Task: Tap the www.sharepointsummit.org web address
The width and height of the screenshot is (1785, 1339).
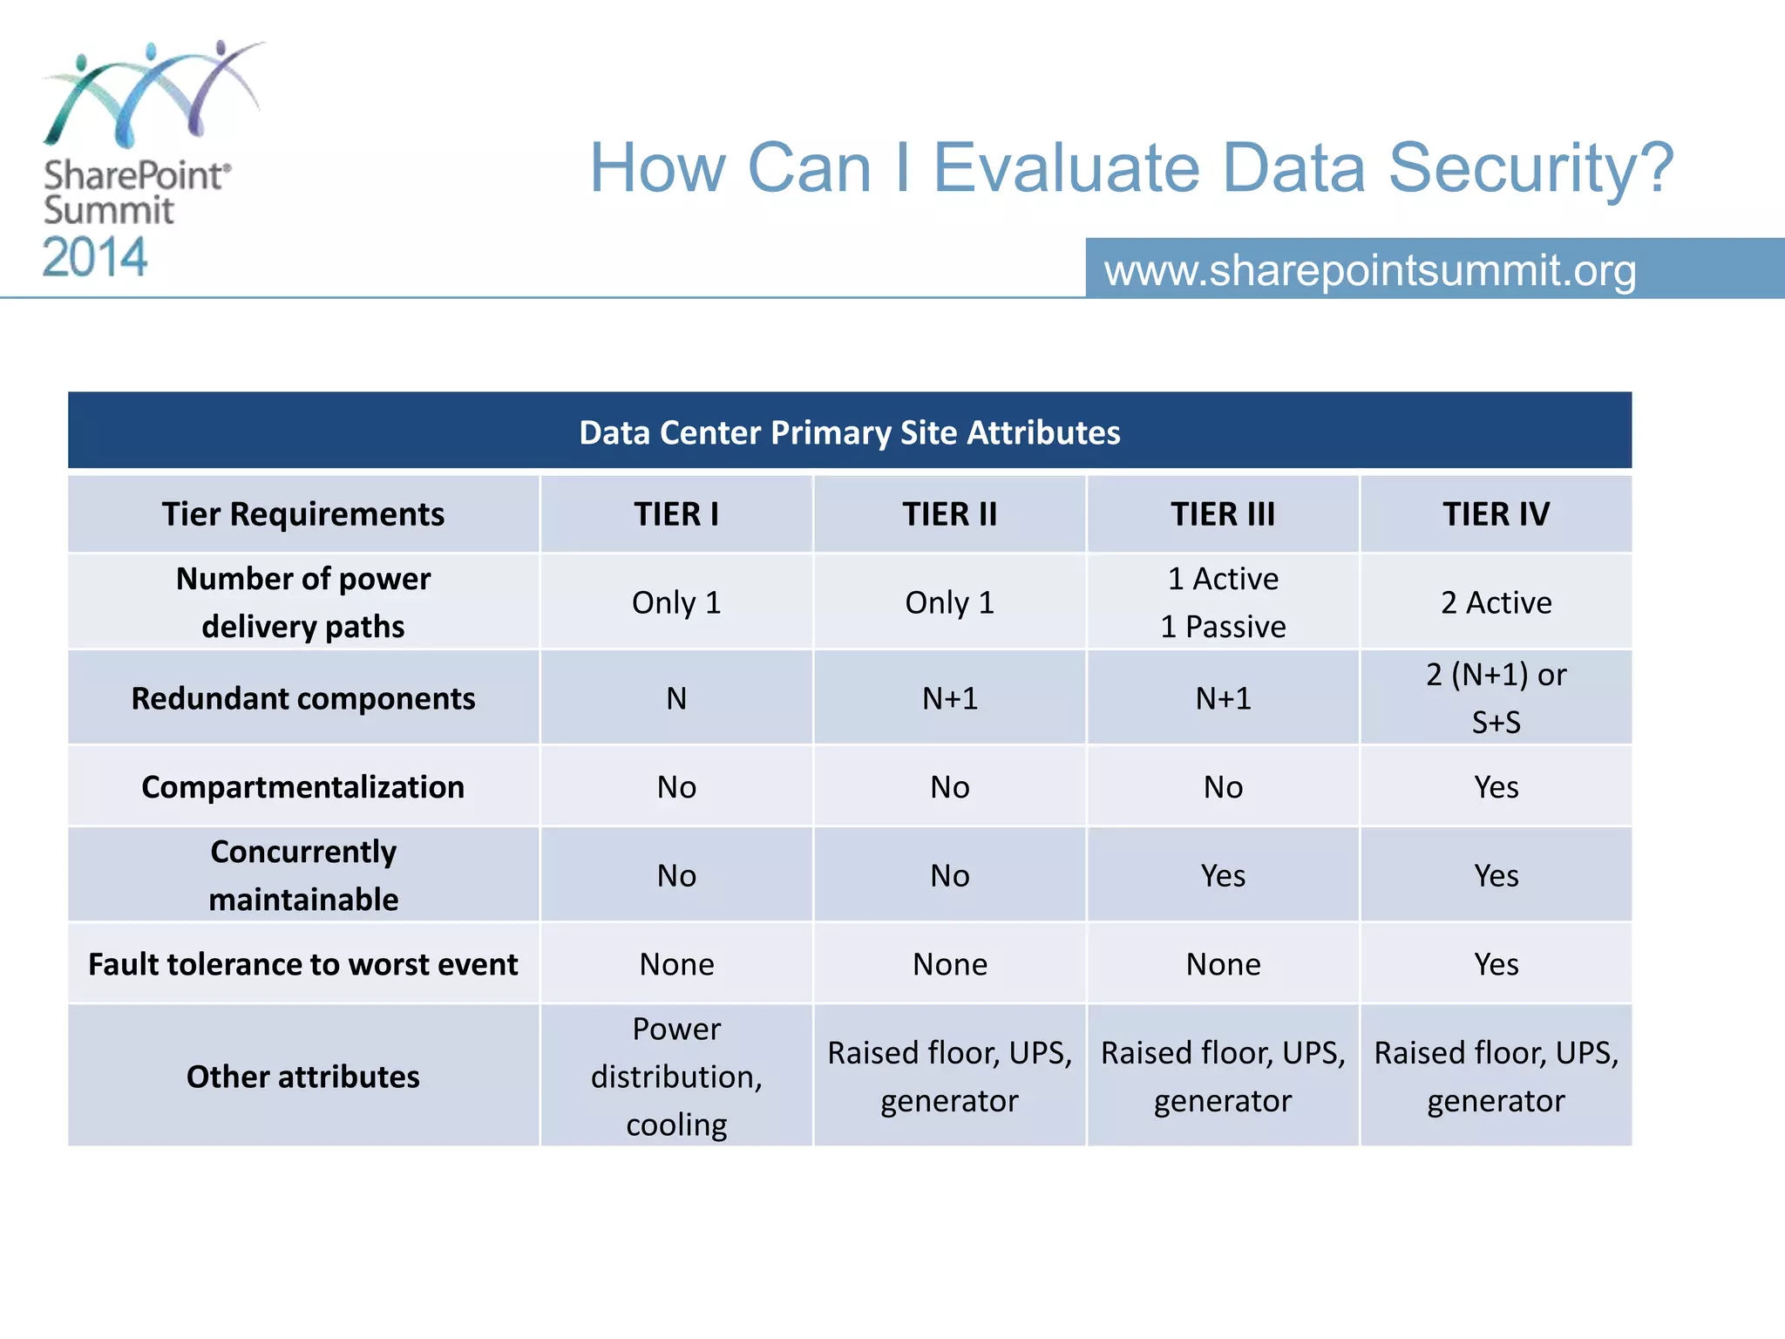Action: (1369, 269)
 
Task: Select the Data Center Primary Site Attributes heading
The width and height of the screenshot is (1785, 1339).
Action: (849, 432)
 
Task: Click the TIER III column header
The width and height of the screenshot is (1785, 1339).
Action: (1222, 514)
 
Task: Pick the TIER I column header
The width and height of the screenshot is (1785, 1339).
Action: (676, 514)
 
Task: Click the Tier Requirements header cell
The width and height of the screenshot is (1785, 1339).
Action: (302, 514)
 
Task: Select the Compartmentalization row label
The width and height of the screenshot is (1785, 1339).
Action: (302, 787)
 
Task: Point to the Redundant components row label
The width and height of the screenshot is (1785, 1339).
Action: (302, 698)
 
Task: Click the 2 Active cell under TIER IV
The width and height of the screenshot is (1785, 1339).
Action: (1496, 602)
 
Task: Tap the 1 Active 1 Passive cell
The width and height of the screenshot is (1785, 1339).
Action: (1222, 602)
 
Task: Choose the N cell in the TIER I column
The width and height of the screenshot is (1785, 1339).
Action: (676, 698)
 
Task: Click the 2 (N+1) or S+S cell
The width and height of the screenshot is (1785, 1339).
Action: (1496, 698)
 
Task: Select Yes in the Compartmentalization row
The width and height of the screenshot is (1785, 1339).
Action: (1496, 787)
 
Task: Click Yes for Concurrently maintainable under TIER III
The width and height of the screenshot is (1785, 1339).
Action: (1222, 875)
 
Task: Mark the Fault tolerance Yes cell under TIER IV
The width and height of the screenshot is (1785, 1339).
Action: (1496, 964)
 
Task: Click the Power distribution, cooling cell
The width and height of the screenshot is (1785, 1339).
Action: (676, 1077)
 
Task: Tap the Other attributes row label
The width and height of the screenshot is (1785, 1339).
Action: (302, 1077)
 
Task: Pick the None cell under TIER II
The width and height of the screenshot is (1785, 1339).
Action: (949, 964)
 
